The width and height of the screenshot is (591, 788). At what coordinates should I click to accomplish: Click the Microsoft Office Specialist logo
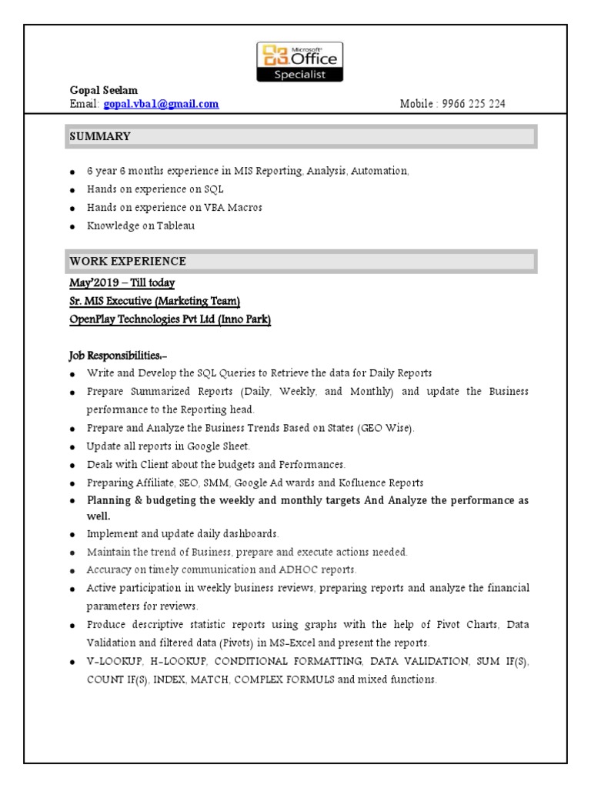pos(300,62)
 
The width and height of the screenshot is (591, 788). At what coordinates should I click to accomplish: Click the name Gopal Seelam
pos(103,91)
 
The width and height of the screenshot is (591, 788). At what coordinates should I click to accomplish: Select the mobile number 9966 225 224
pos(474,104)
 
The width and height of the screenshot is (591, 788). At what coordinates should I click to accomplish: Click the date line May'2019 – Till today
pos(122,283)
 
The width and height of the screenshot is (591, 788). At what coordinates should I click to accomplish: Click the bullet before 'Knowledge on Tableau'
pos(72,227)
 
